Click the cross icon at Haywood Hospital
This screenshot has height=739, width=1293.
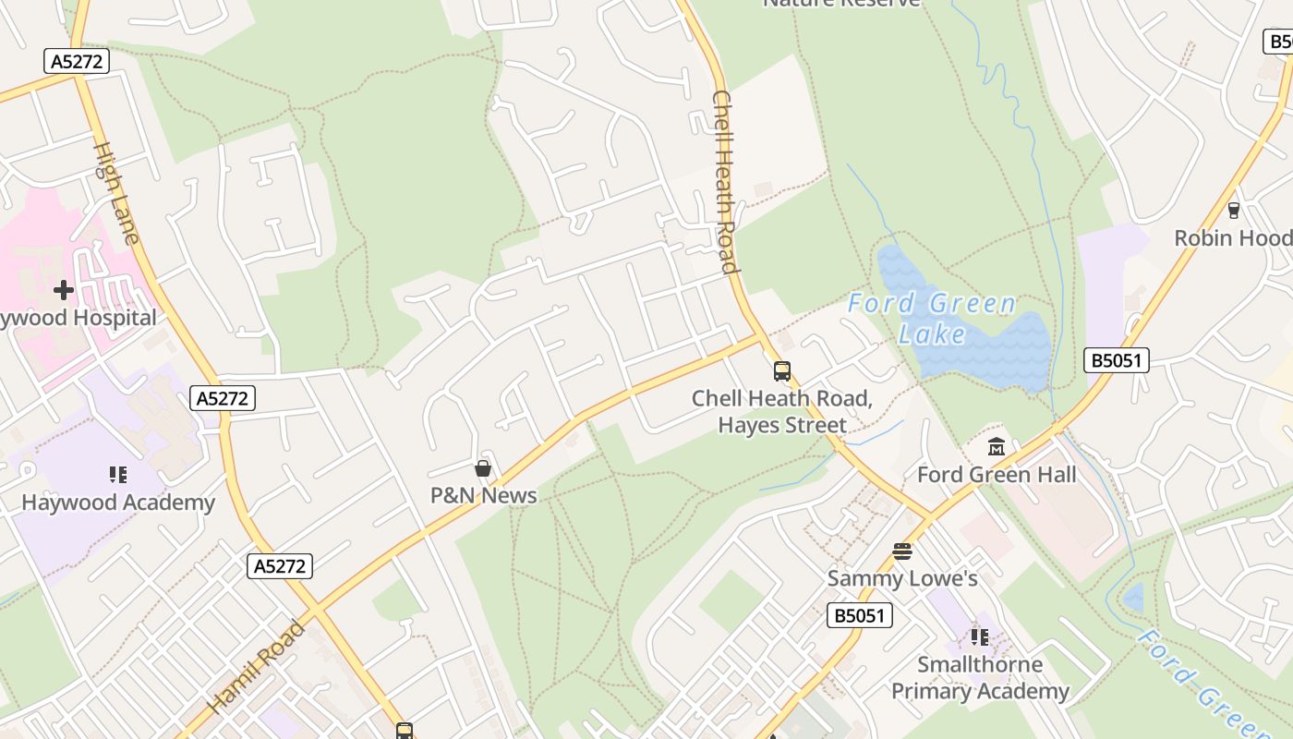click(63, 290)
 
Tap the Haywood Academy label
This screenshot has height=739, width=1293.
click(118, 503)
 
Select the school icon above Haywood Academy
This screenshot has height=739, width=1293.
click(118, 475)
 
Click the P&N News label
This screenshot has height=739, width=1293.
click(483, 495)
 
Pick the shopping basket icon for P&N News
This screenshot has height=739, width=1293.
click(482, 468)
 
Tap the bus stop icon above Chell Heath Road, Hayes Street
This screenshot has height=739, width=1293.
click(782, 371)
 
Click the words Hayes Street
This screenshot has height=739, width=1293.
click(782, 425)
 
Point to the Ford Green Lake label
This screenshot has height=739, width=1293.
click(932, 318)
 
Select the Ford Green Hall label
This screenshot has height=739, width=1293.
click(997, 475)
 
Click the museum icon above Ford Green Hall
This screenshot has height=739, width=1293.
click(997, 448)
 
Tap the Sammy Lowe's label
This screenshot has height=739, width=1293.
click(902, 579)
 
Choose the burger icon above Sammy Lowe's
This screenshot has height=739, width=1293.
click(902, 552)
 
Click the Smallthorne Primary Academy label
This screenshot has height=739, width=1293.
click(980, 678)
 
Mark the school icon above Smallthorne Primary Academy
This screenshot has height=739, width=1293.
click(980, 637)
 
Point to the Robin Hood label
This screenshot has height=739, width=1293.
click(1232, 238)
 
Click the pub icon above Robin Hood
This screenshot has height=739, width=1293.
click(1234, 211)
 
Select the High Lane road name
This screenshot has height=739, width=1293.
click(116, 193)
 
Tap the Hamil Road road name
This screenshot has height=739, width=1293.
click(256, 668)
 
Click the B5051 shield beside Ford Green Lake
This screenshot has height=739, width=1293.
click(1117, 360)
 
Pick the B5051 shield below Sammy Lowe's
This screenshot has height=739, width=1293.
click(860, 615)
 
